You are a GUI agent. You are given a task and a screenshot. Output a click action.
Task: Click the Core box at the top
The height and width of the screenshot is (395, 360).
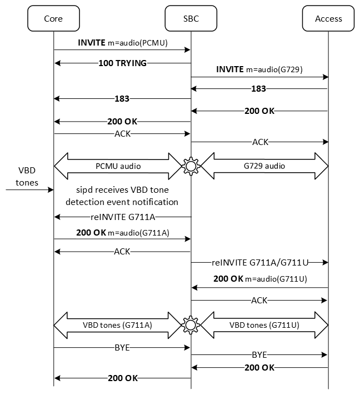53,19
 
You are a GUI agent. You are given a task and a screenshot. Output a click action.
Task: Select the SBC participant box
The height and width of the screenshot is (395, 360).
191,19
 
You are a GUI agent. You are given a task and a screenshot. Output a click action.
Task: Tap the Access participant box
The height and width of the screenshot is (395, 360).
328,19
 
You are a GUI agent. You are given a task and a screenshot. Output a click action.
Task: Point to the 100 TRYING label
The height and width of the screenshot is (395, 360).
123,63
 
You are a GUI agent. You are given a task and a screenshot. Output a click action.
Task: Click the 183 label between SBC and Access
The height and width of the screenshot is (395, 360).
258,89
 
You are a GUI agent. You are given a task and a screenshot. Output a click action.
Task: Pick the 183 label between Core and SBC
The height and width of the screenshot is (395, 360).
122,99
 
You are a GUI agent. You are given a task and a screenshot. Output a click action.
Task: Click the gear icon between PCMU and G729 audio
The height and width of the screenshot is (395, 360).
191,166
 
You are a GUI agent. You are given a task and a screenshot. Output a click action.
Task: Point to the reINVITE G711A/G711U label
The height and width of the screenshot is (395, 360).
259,262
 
